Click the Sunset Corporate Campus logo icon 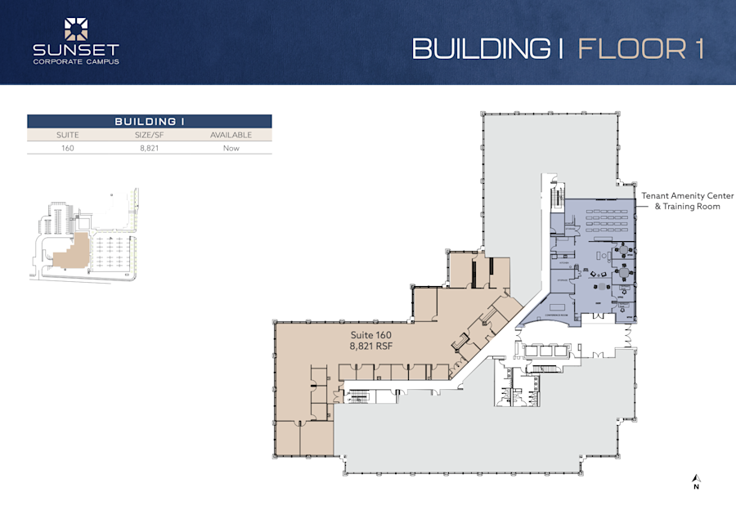76,29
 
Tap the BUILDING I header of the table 149,121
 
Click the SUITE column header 67,135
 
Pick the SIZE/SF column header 149,135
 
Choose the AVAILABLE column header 231,135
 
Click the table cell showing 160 67,148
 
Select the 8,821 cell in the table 149,148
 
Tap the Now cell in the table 231,148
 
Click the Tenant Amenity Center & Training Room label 686,201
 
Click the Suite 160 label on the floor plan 372,336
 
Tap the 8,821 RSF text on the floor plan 372,347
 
